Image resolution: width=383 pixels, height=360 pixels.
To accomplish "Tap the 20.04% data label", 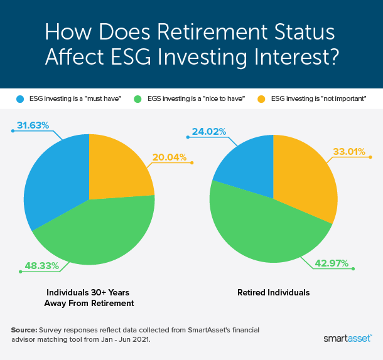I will (x=169, y=157).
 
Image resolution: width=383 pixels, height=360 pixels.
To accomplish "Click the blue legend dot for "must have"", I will (x=20, y=100).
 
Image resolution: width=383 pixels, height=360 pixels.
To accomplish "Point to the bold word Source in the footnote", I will (x=24, y=329).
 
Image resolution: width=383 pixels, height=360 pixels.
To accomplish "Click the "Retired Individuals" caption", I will (x=273, y=292).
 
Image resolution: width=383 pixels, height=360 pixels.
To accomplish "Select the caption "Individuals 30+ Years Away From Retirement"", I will (x=89, y=297).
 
